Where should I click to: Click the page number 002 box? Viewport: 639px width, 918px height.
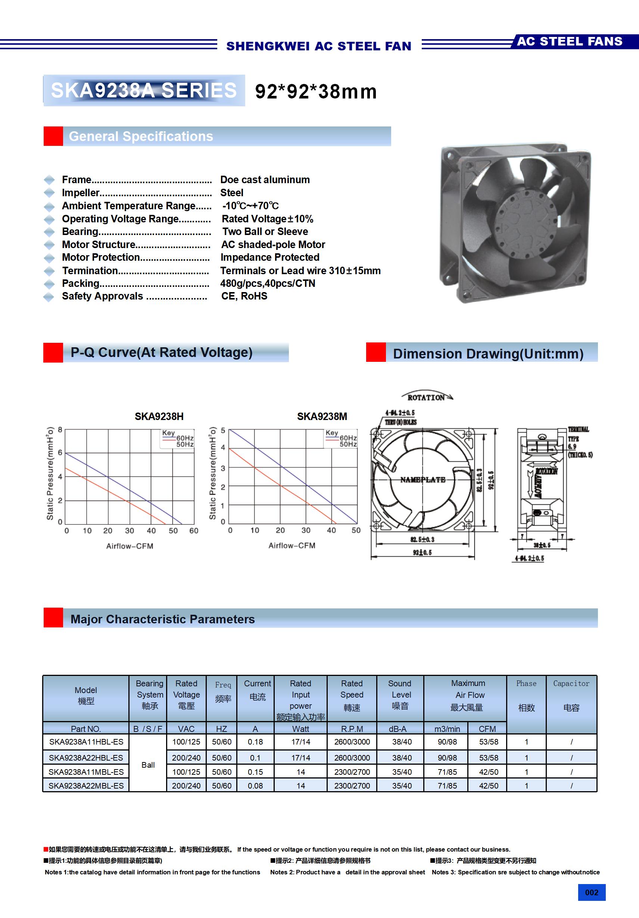pos(591,892)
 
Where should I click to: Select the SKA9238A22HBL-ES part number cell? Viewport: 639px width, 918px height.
pos(86,758)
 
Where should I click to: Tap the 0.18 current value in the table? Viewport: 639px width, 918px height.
pos(255,742)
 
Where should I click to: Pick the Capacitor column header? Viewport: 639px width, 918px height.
pos(571,696)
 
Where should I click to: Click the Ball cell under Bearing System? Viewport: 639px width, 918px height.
pos(148,765)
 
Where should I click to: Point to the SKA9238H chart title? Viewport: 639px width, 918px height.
pos(159,417)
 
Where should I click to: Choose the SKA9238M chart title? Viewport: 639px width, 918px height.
pos(322,417)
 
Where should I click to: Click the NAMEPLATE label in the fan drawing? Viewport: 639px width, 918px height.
pos(423,479)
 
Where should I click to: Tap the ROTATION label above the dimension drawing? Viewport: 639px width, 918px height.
pos(426,397)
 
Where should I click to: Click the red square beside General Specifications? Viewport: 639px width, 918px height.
pos(53,137)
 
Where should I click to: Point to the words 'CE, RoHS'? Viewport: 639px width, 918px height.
pos(244,296)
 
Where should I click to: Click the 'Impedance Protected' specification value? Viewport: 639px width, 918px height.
pos(270,257)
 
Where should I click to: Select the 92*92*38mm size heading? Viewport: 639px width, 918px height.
pos(316,91)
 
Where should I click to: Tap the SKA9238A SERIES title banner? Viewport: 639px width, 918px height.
pos(144,90)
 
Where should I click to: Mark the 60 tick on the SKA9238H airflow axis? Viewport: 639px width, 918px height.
pos(194,530)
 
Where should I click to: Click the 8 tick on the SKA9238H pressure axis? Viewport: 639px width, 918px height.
pos(60,430)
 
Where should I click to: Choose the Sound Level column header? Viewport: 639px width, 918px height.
pos(400,696)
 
